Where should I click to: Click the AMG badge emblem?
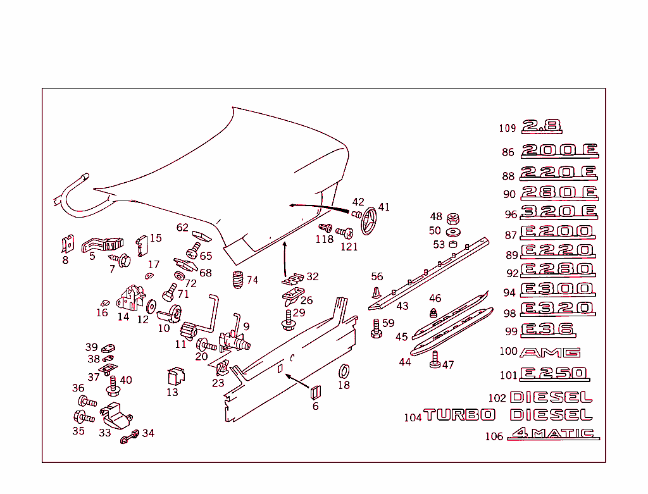549,352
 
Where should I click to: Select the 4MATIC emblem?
554,434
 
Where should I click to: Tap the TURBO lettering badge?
459,415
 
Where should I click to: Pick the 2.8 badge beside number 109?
542,127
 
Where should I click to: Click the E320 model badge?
557,309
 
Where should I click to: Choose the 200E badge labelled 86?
559,151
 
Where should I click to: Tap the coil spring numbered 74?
238,280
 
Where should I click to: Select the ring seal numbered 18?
344,371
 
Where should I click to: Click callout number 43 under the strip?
402,306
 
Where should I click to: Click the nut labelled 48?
453,219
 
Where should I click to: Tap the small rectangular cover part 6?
315,392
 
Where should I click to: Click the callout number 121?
349,247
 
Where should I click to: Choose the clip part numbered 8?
67,245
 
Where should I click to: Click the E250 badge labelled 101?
555,374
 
